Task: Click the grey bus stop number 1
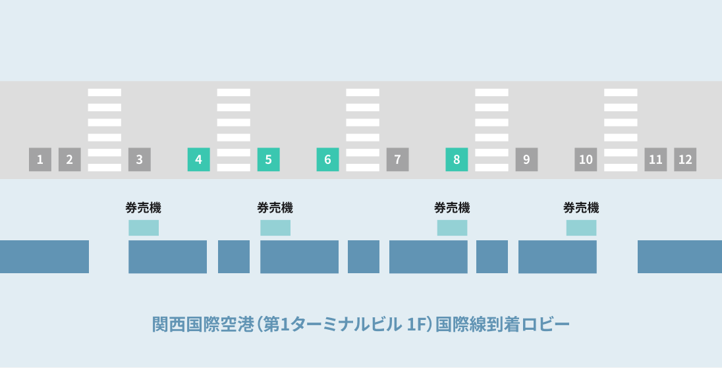tap(40, 159)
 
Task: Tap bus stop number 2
tap(69, 159)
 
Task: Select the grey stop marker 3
tap(139, 159)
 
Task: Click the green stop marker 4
tap(199, 159)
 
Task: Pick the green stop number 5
tap(268, 159)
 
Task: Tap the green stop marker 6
tap(327, 159)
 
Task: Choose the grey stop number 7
tap(397, 159)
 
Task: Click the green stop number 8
tap(457, 159)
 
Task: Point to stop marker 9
tap(526, 159)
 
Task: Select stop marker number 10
tap(586, 159)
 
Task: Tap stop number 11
tap(655, 159)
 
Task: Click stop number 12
tap(685, 159)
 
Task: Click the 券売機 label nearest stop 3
tap(143, 208)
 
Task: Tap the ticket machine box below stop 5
tap(275, 228)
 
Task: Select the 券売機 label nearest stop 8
tap(452, 208)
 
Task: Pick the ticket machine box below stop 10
tap(581, 228)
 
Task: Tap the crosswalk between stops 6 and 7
tap(362, 130)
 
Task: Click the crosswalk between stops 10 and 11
tap(621, 130)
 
